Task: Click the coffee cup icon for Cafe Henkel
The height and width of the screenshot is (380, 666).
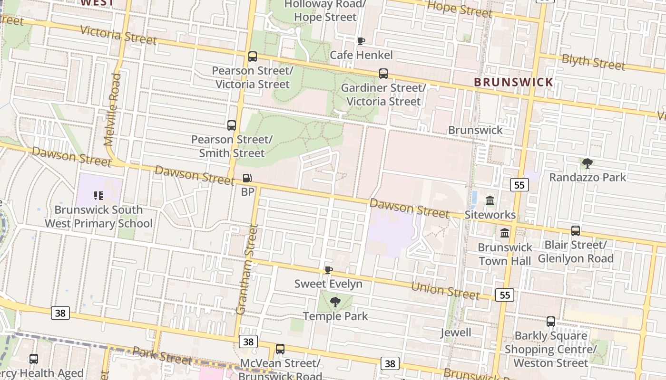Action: [x=361, y=41]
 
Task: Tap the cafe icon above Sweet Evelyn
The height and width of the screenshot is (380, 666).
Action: [x=328, y=270]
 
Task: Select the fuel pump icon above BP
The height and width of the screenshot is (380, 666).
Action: [x=247, y=178]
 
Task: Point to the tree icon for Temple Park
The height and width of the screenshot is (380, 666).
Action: [x=335, y=302]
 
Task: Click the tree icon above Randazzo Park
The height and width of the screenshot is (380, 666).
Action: [x=588, y=163]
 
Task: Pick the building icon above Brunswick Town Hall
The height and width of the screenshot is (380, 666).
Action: [x=505, y=233]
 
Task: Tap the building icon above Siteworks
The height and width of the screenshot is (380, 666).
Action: [x=490, y=201]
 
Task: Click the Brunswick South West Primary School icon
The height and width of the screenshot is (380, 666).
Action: [x=98, y=195]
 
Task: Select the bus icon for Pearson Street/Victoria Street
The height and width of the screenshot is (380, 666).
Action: [x=253, y=57]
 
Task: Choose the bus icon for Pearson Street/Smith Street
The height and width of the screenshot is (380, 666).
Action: [x=232, y=125]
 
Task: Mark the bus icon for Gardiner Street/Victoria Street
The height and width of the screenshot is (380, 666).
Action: [x=383, y=74]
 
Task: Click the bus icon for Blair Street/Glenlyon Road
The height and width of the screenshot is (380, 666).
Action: [x=576, y=231]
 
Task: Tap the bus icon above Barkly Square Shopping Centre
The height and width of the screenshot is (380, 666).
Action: [x=551, y=322]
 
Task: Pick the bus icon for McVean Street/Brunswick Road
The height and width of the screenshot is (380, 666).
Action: [x=280, y=349]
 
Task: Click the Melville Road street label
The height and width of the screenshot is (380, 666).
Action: [x=113, y=109]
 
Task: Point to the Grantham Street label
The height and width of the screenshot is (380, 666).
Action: [x=247, y=269]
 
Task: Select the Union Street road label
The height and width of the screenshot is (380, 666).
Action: [x=445, y=290]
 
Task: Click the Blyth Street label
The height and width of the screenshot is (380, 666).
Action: [x=593, y=62]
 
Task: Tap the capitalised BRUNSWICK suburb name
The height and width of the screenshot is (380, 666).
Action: [x=514, y=82]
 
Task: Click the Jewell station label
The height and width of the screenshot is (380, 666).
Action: [x=456, y=332]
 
